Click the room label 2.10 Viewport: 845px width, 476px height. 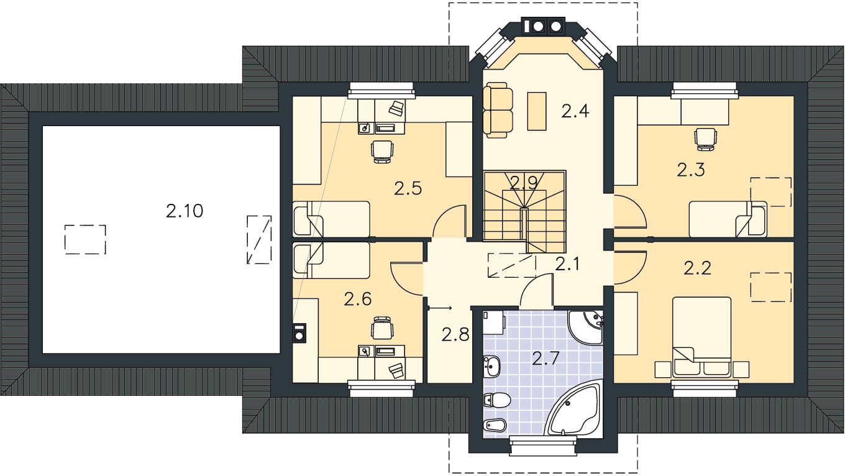(185, 211)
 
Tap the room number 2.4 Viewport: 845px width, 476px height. (575, 111)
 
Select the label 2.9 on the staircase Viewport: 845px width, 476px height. (523, 183)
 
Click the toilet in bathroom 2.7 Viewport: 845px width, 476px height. (497, 400)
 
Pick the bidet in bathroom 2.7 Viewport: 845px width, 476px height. (494, 426)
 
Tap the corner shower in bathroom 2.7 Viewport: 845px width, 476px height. (586, 327)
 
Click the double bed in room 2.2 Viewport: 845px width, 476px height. (701, 337)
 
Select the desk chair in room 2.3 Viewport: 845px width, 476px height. (705, 139)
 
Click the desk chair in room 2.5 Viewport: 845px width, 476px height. (382, 152)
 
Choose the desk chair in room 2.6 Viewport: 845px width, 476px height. (383, 327)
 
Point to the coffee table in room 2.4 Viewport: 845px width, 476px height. (536, 111)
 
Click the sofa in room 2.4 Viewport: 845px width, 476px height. (498, 110)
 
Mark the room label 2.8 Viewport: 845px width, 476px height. (455, 334)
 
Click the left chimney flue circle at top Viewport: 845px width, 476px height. (537, 26)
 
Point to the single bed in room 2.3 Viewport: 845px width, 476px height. (728, 219)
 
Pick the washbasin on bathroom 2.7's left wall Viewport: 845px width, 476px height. (492, 366)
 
